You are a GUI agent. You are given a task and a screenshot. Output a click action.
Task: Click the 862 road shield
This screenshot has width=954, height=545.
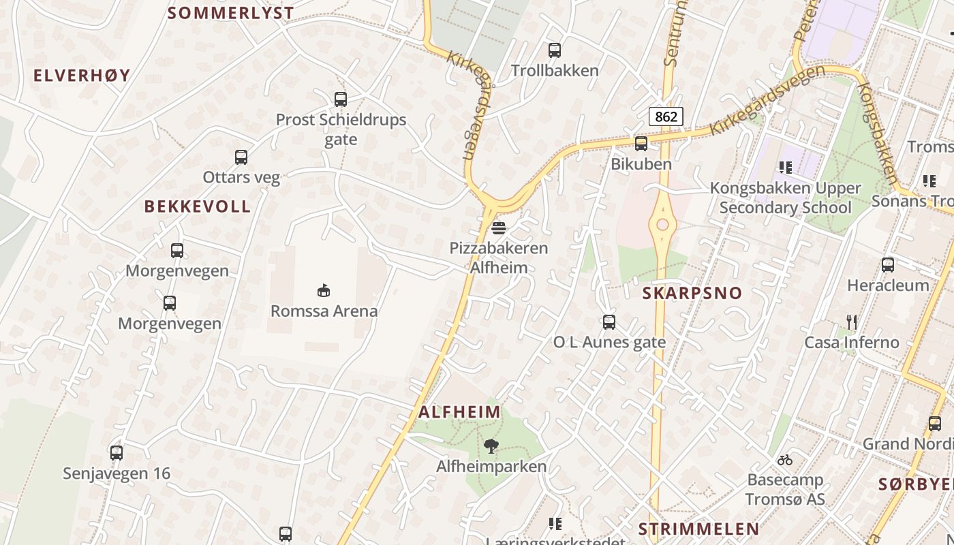[x=666, y=116]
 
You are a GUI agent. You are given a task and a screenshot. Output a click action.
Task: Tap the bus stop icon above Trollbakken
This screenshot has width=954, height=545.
[x=555, y=50]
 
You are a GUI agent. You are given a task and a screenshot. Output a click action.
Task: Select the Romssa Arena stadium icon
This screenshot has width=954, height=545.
[x=324, y=291]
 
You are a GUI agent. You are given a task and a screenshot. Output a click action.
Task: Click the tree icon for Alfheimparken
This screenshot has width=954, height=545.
[x=490, y=447]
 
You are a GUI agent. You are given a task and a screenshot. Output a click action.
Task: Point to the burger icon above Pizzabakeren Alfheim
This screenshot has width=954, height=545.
[x=499, y=228]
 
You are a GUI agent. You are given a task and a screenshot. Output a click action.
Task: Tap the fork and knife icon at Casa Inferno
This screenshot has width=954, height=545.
[x=851, y=322]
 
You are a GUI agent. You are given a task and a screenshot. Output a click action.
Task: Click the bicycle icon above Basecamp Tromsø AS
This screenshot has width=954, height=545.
[x=785, y=460]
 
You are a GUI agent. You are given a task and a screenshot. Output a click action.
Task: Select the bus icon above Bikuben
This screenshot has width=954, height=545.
[x=641, y=144]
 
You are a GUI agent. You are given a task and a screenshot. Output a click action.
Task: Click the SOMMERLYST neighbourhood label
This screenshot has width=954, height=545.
[x=230, y=13]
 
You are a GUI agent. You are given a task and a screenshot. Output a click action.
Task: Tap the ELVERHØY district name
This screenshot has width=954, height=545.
[x=82, y=76]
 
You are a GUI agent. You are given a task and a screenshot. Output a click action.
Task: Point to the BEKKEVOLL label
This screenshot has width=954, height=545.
[x=198, y=206]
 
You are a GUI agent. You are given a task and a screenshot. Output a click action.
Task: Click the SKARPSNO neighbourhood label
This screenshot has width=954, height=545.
[x=692, y=294]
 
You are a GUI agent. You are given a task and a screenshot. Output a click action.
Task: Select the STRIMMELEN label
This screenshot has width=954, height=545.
[x=698, y=529]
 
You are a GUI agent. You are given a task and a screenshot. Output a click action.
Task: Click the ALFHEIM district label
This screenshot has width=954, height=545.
[x=459, y=412]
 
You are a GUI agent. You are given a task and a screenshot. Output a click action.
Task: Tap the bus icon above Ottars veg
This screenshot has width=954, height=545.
[x=241, y=157]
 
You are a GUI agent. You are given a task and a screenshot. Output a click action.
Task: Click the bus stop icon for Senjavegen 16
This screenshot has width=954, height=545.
[x=117, y=452]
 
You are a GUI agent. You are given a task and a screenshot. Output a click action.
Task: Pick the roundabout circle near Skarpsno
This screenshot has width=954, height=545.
[x=662, y=225]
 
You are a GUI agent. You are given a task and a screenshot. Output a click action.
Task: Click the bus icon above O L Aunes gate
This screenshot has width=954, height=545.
[x=609, y=322]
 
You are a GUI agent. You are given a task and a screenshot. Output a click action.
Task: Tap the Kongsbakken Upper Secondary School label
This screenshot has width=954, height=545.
[x=785, y=198]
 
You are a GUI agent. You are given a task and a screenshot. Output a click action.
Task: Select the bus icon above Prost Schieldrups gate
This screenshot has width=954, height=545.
[x=341, y=99]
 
